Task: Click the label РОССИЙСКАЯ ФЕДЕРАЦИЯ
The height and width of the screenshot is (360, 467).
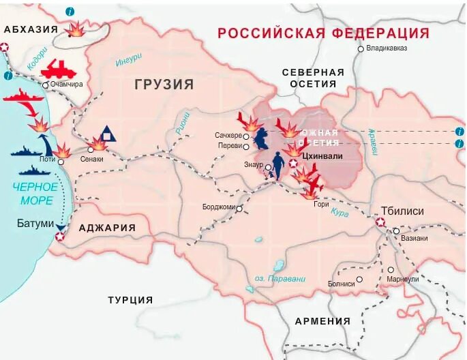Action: point(323,33)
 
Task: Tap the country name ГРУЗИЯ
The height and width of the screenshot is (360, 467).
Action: point(164,85)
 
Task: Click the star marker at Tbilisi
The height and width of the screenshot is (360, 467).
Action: point(380,222)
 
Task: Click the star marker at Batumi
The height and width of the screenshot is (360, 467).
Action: point(60,237)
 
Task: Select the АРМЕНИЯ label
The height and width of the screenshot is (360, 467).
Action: point(322,321)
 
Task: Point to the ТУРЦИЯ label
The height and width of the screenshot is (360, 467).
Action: point(130,300)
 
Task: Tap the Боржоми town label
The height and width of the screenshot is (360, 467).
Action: point(218,207)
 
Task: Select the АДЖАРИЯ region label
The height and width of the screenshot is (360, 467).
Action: point(107,228)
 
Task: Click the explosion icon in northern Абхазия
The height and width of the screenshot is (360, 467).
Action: point(77,30)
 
